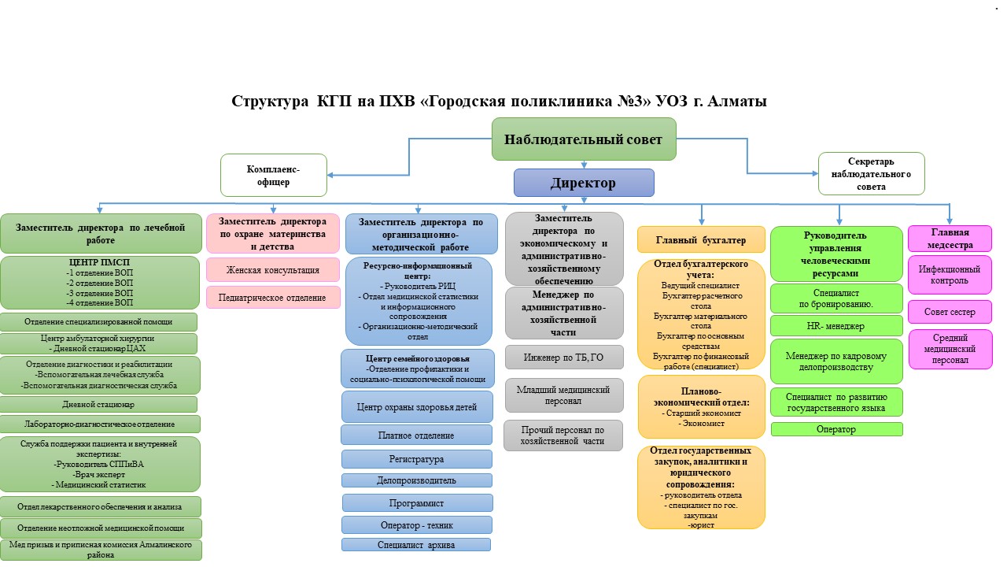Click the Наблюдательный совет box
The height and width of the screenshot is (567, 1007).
tap(584, 139)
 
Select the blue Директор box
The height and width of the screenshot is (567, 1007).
tap(584, 183)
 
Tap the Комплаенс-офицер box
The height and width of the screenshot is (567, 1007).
tap(274, 175)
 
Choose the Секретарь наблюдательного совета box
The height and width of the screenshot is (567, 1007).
tap(871, 173)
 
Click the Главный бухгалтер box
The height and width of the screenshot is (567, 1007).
tap(701, 239)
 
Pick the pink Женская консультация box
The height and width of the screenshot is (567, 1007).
tap(273, 270)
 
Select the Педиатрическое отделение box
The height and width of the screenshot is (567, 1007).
tap(273, 298)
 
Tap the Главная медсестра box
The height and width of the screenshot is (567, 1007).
tap(950, 238)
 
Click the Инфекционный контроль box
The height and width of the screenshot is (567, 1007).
tap(950, 274)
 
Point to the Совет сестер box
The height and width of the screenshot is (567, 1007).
tap(950, 312)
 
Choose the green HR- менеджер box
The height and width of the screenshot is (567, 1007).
tap(836, 326)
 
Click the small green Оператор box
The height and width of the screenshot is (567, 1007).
tap(836, 429)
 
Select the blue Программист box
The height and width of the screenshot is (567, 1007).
tap(417, 502)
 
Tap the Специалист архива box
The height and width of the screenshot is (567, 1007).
tap(416, 544)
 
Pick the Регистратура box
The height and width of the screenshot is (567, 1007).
tap(416, 459)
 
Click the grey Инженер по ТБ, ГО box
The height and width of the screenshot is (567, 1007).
tap(564, 357)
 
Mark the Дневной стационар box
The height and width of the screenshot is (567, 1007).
tap(99, 404)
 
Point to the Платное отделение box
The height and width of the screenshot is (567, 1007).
tap(416, 435)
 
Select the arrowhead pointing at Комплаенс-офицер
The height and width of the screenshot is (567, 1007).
tap(332, 175)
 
